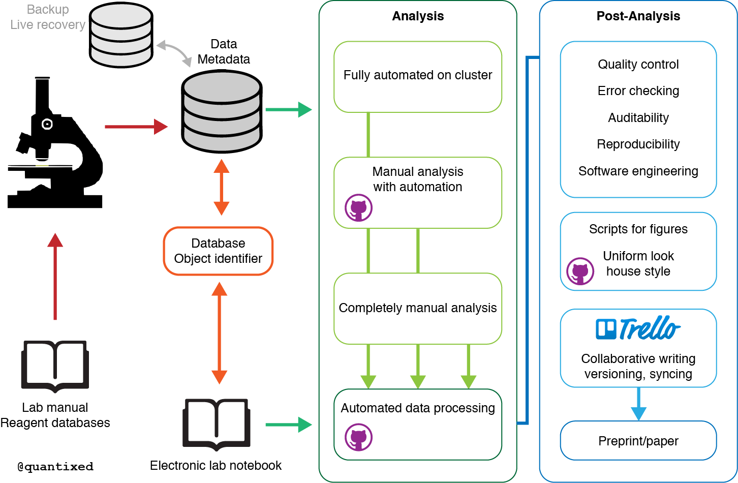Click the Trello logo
638,328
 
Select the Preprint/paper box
638,441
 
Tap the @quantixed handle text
55,467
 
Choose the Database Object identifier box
218,251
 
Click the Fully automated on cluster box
417,76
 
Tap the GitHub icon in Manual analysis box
359,207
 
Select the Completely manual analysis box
417,308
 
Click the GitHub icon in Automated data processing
359,437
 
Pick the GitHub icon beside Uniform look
580,271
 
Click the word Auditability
638,118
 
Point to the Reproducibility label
638,144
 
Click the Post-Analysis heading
638,16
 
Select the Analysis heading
418,16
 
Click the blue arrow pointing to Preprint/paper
638,404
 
